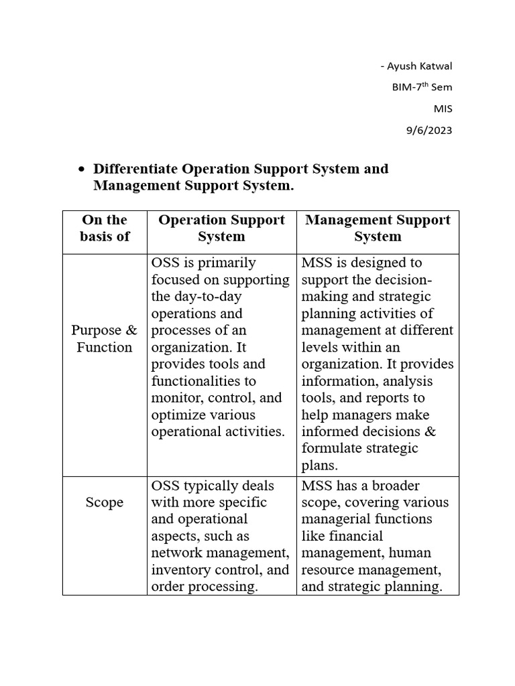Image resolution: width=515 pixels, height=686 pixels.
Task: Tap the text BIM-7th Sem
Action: [422, 87]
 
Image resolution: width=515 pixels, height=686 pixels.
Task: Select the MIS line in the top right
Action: [443, 109]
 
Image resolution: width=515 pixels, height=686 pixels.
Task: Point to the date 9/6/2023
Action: [430, 130]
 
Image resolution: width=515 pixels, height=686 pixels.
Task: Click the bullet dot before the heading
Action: [81, 169]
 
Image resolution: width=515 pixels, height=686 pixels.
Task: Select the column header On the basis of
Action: [104, 228]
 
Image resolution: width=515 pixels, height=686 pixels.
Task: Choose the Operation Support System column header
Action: [221, 228]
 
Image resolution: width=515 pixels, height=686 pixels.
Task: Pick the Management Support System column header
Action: [378, 228]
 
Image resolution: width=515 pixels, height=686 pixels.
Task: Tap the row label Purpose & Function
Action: [104, 338]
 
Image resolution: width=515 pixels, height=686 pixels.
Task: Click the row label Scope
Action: [104, 502]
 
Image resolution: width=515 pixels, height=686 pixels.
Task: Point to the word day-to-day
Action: [196, 296]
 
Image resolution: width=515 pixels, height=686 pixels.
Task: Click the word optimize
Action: [176, 415]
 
